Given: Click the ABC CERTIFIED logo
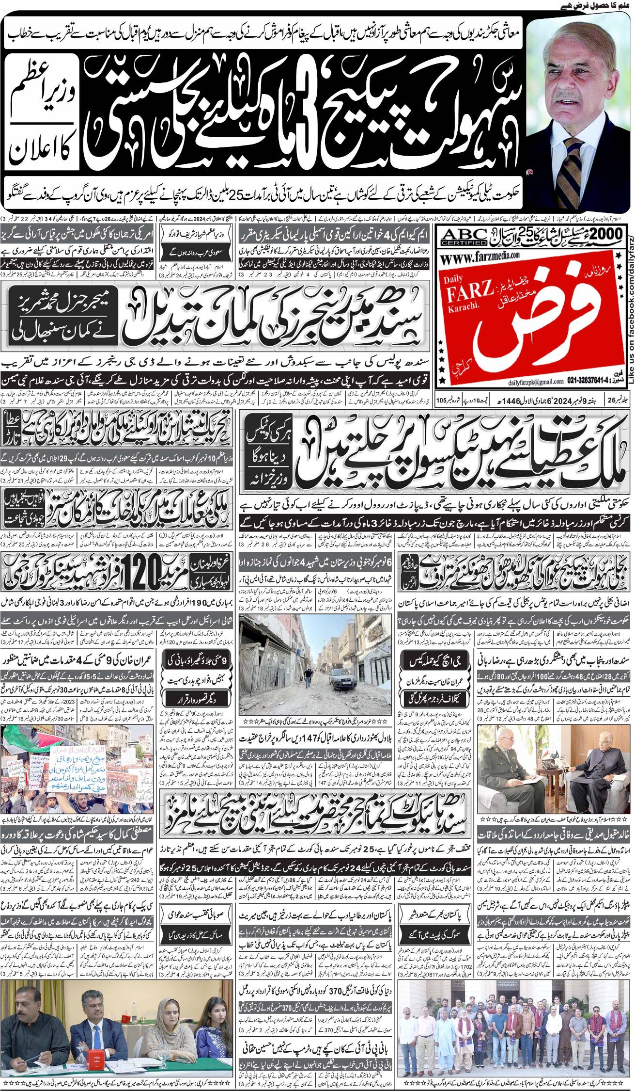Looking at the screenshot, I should coord(464,238).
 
